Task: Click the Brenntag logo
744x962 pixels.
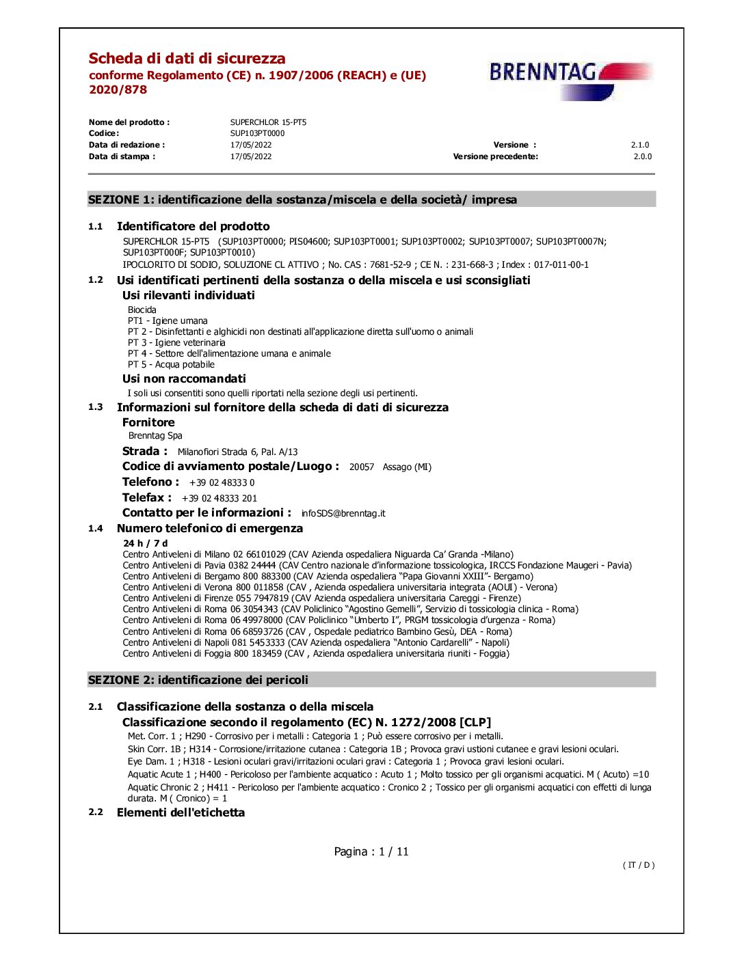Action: click(570, 79)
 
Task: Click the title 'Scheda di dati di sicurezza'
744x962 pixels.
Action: click(187, 59)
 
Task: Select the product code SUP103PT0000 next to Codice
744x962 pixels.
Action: click(257, 133)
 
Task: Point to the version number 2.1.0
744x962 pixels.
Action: click(639, 145)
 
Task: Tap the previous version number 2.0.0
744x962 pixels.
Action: click(642, 156)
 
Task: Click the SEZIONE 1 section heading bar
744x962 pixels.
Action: click(371, 200)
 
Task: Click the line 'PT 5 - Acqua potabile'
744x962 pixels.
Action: click(171, 364)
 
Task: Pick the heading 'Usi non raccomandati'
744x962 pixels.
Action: click(184, 379)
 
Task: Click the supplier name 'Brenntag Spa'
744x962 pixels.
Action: click(155, 435)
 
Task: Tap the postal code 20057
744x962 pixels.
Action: click(362, 467)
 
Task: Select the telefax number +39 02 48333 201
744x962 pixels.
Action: click(220, 498)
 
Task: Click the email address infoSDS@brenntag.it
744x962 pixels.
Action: click(343, 513)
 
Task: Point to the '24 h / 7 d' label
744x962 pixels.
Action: click(145, 543)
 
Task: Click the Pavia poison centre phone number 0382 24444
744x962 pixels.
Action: click(252, 565)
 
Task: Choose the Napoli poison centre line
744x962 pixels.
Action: click(316, 642)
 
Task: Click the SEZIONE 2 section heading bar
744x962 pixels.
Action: click(371, 680)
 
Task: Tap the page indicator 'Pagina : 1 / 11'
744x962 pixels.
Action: click(371, 851)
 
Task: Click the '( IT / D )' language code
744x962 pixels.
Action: click(638, 865)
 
